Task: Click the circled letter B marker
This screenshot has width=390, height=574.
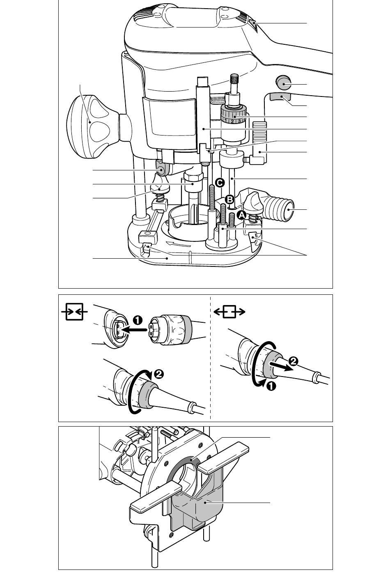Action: pyautogui.click(x=229, y=199)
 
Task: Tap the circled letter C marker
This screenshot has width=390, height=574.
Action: pyautogui.click(x=220, y=183)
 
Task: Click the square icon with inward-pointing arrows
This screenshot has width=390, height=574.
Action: pyautogui.click(x=74, y=312)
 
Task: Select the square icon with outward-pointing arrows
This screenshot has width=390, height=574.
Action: pyautogui.click(x=229, y=312)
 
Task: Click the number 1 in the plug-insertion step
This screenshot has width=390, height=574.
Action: pyautogui.click(x=138, y=320)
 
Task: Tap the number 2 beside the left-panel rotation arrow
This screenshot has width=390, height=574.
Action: pyautogui.click(x=158, y=374)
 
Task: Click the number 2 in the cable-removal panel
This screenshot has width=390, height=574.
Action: pyautogui.click(x=293, y=361)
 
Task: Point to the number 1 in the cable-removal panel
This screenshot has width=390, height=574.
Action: pyautogui.click(x=271, y=386)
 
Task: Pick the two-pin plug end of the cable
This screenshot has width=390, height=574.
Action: pyautogui.click(x=156, y=330)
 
